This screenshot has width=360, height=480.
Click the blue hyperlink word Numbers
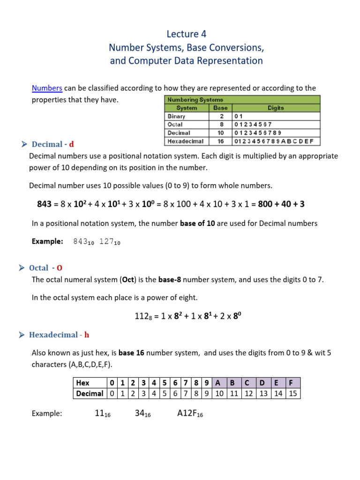pyautogui.click(x=47, y=88)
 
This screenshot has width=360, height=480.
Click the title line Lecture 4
pyautogui.click(x=187, y=34)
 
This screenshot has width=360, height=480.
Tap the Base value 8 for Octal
pyautogui.click(x=220, y=125)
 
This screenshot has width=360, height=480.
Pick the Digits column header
pyautogui.click(x=276, y=108)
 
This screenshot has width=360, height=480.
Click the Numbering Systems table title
pyautogui.click(x=195, y=100)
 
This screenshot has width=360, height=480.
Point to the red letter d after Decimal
pyautogui.click(x=72, y=144)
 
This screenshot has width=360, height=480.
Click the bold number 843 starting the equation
pyautogui.click(x=44, y=204)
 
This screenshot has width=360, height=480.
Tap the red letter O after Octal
pyautogui.click(x=60, y=268)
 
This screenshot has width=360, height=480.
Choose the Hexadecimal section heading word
pyautogui.click(x=53, y=335)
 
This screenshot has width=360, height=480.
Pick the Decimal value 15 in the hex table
pyautogui.click(x=293, y=393)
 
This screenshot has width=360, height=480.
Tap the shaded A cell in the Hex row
pyautogui.click(x=218, y=382)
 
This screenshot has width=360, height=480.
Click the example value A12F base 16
pyautogui.click(x=190, y=413)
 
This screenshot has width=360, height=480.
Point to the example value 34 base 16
pyautogui.click(x=138, y=413)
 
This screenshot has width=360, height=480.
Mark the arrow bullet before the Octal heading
pyautogui.click(x=22, y=268)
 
